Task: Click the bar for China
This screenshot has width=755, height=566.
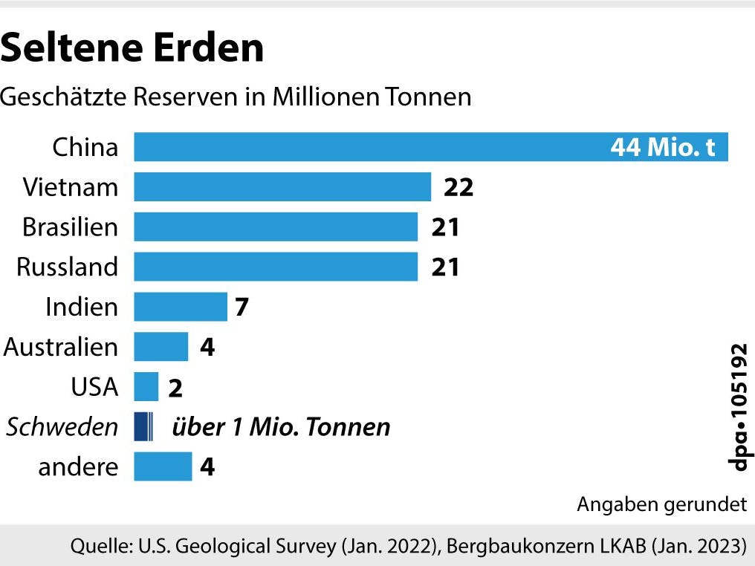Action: click(372, 146)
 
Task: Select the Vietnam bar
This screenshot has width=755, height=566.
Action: click(282, 186)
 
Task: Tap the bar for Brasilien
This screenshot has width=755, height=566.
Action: click(276, 227)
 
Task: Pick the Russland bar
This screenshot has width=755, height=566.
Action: click(276, 267)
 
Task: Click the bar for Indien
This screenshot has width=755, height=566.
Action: click(181, 307)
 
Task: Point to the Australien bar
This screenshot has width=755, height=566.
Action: click(161, 347)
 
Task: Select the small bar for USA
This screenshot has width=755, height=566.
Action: click(146, 387)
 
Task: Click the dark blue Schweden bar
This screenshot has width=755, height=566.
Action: click(143, 427)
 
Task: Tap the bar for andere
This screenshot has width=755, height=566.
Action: click(163, 467)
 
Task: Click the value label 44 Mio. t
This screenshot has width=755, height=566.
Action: click(663, 147)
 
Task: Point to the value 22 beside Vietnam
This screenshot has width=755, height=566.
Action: click(458, 187)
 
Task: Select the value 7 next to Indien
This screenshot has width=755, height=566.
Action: click(241, 307)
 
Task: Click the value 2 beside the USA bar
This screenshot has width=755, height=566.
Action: click(175, 388)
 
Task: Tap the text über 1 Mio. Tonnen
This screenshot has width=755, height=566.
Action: click(281, 427)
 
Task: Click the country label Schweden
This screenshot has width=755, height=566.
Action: click(62, 427)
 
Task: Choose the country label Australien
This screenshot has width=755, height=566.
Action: click(61, 347)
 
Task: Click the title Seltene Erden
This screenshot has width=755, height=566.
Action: click(132, 48)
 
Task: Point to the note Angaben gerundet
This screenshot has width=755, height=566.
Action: click(661, 505)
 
